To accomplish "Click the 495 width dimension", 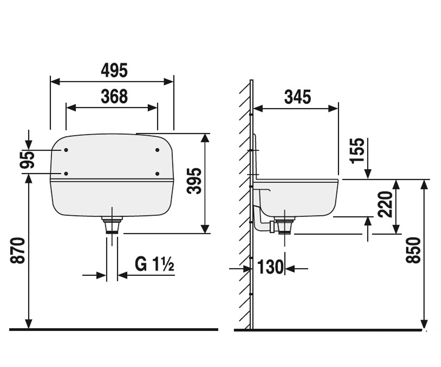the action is click(114, 70).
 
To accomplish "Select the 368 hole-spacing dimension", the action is click(114, 97).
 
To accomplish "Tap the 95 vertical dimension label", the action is click(27, 160).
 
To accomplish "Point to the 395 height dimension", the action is click(194, 181).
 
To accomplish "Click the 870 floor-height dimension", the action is click(18, 251).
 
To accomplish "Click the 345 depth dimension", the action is click(298, 97).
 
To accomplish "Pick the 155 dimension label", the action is click(357, 151).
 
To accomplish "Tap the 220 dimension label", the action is click(385, 204).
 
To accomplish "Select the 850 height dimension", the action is click(413, 250).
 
